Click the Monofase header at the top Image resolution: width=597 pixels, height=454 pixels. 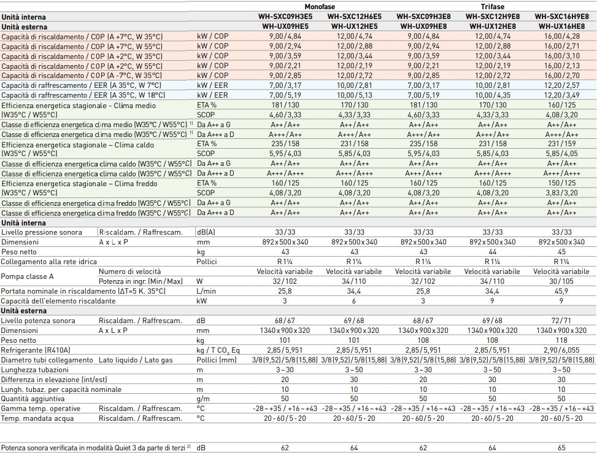tap(320, 7)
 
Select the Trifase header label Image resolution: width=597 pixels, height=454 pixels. tap(492, 7)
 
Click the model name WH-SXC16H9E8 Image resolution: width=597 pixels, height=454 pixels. tap(561, 17)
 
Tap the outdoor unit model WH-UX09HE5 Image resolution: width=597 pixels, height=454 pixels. tap(285, 26)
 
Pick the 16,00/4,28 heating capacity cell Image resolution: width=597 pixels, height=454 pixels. tap(561, 36)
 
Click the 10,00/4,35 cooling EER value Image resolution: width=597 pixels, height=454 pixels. tap(492, 95)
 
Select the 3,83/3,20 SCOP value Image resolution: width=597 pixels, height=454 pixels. tap(561, 193)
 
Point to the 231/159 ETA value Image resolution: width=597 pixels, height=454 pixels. tap(561, 144)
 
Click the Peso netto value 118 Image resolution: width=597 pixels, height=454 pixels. tap(561, 340)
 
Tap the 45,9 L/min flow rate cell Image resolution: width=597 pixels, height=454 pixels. tap(561, 291)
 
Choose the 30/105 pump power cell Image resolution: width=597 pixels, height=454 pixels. tap(561, 281)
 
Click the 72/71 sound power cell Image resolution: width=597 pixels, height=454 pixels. tap(561, 321)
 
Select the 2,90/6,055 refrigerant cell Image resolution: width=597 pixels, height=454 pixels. tap(561, 350)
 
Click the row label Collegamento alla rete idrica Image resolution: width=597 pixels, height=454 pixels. tap(48, 262)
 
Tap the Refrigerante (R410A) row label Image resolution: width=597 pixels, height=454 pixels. tap(36, 350)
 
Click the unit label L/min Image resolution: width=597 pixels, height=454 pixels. tap(206, 291)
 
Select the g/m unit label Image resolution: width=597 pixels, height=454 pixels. tap(203, 399)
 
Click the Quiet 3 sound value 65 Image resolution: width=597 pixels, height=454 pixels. tap(561, 448)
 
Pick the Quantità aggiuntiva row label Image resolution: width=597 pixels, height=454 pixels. tap(33, 399)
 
